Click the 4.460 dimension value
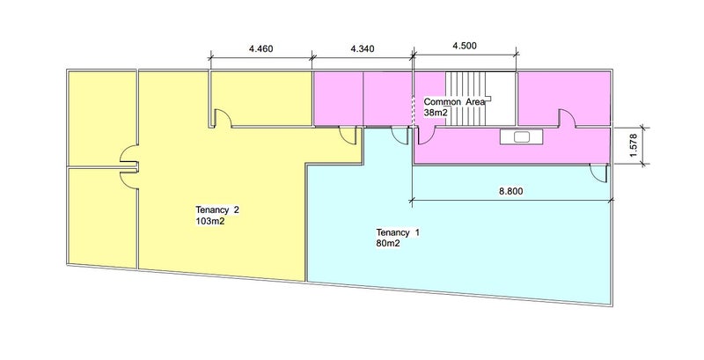tap(260, 48)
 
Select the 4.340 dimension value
tap(362, 48)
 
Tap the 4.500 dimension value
tap(465, 46)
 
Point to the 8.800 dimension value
tap(510, 191)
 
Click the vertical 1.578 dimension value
tap(634, 146)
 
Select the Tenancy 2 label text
tap(214, 209)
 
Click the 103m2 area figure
tap(209, 221)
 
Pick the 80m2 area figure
tap(388, 244)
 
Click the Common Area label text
tap(454, 102)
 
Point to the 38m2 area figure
tap(436, 113)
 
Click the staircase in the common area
tap(466, 99)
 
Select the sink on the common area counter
tap(521, 137)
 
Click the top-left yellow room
tap(101, 119)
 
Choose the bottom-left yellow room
tap(102, 217)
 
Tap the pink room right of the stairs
tap(564, 99)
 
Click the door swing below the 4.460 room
tap(224, 118)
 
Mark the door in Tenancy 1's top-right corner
tap(598, 173)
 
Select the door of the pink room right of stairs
tap(567, 118)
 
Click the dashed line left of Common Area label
tap(413, 110)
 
